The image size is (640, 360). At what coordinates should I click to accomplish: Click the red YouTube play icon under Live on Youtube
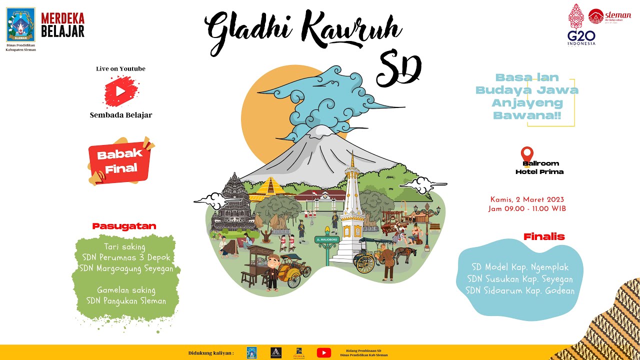pyautogui.click(x=120, y=91)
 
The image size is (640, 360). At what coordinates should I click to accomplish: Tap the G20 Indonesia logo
pyautogui.click(x=581, y=30)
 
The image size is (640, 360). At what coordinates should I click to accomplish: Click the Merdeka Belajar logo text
pyautogui.click(x=62, y=25)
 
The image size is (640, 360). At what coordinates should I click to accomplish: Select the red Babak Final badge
pyautogui.click(x=120, y=161)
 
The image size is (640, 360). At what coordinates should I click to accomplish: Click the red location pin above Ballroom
pyautogui.click(x=527, y=153)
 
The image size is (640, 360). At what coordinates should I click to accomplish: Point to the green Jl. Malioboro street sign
pyautogui.click(x=327, y=239)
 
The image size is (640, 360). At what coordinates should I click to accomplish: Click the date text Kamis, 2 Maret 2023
pyautogui.click(x=527, y=199)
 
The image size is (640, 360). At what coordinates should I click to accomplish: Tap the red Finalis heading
pyautogui.click(x=544, y=236)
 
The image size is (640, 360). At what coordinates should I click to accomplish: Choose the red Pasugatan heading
pyautogui.click(x=124, y=226)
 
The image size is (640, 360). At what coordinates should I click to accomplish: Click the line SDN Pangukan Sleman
pyautogui.click(x=126, y=301)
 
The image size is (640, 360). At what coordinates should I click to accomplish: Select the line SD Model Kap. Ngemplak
pyautogui.click(x=520, y=267)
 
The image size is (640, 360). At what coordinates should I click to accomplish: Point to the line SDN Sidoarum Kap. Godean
pyautogui.click(x=520, y=290)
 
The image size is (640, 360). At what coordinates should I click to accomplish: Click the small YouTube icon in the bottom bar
pyautogui.click(x=323, y=352)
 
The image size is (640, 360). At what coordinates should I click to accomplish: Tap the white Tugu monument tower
pyautogui.click(x=352, y=215)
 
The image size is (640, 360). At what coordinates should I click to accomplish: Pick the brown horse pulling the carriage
pyautogui.click(x=403, y=253)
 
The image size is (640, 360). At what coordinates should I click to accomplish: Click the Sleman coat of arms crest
pyautogui.click(x=20, y=25)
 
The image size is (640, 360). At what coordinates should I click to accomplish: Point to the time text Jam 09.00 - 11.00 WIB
pyautogui.click(x=527, y=209)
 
